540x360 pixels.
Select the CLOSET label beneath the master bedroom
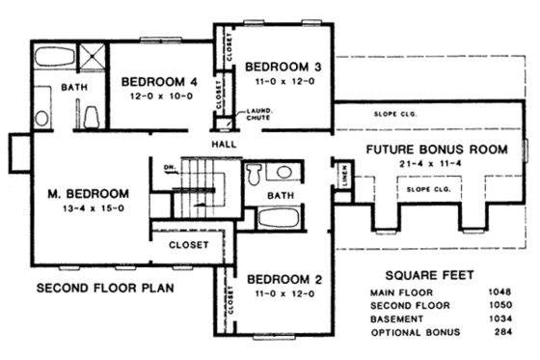[189, 245]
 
